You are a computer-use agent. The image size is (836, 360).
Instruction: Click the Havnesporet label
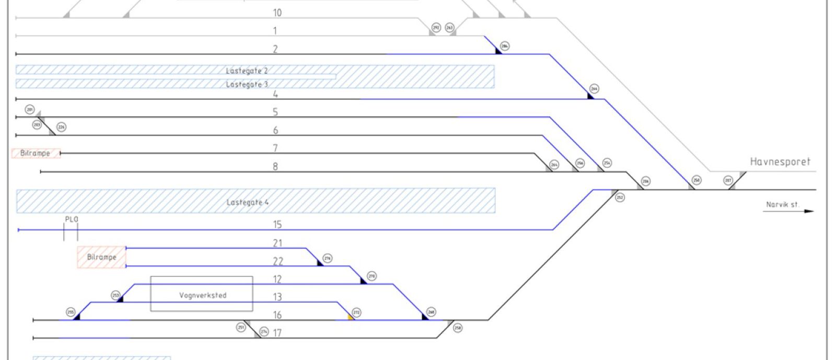coord(780,162)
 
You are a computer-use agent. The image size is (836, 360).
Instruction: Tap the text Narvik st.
coord(782,204)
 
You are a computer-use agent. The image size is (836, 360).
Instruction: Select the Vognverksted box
coord(202,294)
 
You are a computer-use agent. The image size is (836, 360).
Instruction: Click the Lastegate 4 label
coord(247,202)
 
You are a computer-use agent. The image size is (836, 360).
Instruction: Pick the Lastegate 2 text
coord(247,71)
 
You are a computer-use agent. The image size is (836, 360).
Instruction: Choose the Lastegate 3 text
coord(247,84)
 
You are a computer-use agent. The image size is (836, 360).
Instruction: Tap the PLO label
coord(72,219)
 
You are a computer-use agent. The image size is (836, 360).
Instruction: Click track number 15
coord(277,225)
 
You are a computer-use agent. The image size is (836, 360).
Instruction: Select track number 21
coord(277,243)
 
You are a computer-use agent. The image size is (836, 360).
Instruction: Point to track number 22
coord(277,261)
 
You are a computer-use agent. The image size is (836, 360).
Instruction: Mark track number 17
coord(277,333)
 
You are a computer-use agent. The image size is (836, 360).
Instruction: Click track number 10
coord(277,13)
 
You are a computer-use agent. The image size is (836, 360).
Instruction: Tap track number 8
coord(275,167)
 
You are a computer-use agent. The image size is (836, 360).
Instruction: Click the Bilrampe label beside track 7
coord(35,153)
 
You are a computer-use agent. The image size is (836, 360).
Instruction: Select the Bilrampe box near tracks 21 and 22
coord(101,257)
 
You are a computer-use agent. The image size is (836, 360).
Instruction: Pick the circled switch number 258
coord(458,328)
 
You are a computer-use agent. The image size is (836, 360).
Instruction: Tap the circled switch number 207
coord(728,180)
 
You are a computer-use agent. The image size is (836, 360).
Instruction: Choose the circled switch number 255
coord(71,312)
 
